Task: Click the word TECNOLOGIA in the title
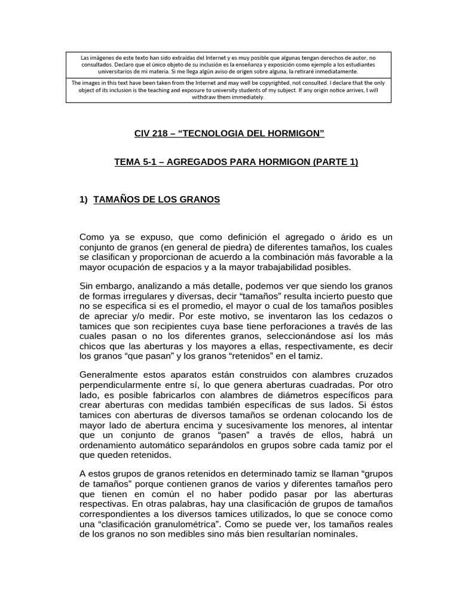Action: coord(223,133)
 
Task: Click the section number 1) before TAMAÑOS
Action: coord(84,200)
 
